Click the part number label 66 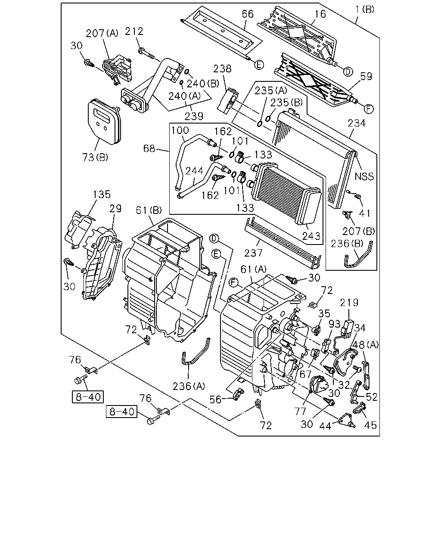[x=248, y=14]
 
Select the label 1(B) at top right [x=365, y=9]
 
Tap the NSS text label [x=364, y=176]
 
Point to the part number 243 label [x=311, y=236]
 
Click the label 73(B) [x=95, y=157]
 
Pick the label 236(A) [x=189, y=387]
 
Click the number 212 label [x=134, y=31]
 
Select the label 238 [x=222, y=68]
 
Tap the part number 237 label [x=253, y=253]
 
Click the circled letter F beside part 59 [x=369, y=109]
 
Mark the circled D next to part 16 [x=348, y=72]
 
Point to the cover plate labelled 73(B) [x=104, y=122]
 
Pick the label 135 [x=102, y=194]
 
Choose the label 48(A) [x=365, y=345]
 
